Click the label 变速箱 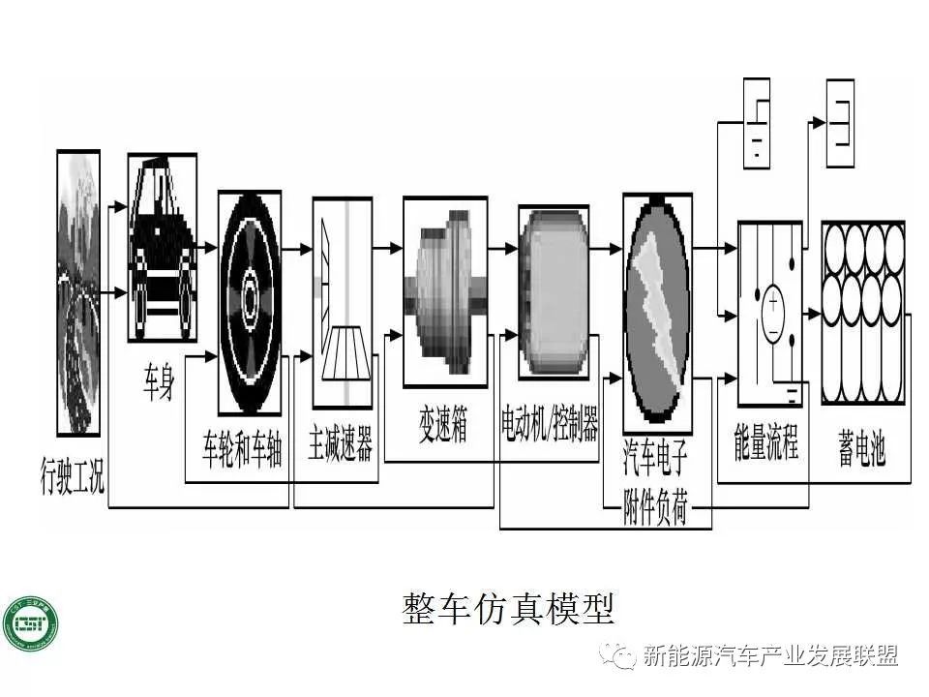tap(443, 427)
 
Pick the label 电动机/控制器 tap(549, 425)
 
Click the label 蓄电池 tap(861, 447)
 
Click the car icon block tap(163, 247)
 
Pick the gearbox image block tap(444, 291)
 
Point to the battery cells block tap(862, 313)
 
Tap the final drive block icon tap(342, 301)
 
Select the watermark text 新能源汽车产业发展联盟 tap(769, 656)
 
